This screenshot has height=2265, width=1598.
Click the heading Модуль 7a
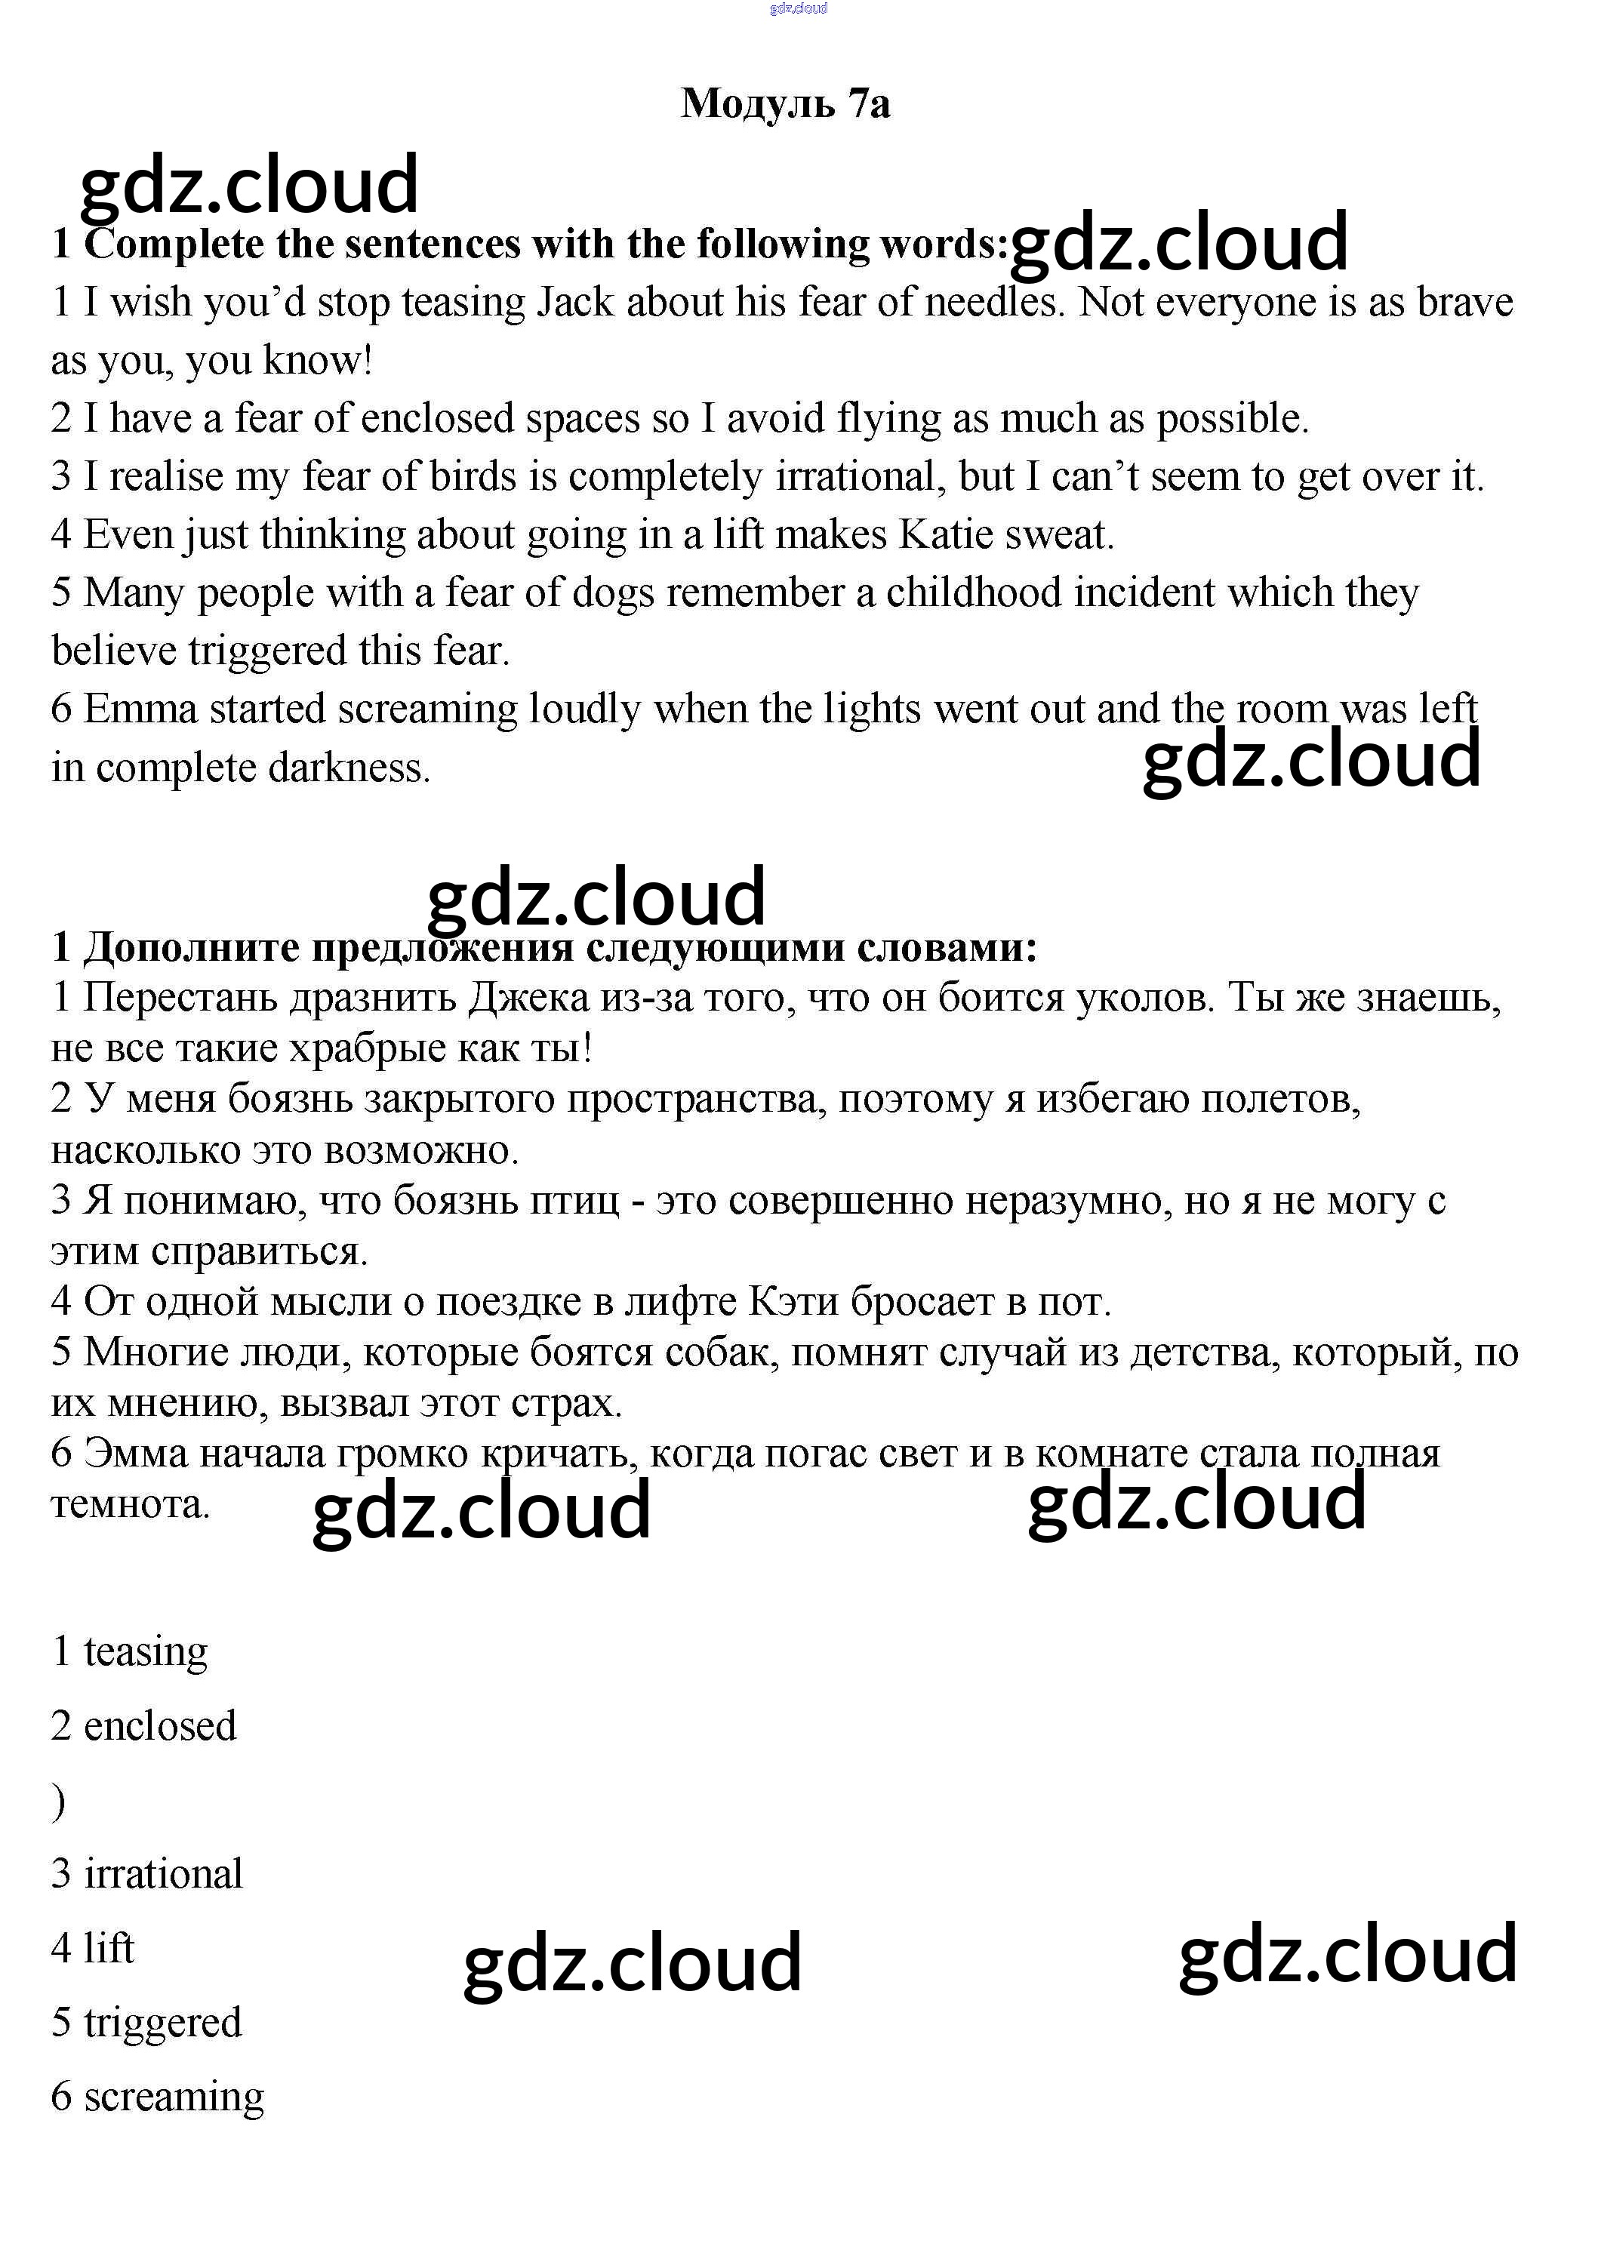(x=785, y=103)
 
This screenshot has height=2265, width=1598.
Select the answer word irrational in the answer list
(x=163, y=1873)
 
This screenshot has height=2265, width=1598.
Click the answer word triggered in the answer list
(x=163, y=2021)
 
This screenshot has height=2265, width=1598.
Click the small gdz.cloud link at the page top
(x=798, y=8)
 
